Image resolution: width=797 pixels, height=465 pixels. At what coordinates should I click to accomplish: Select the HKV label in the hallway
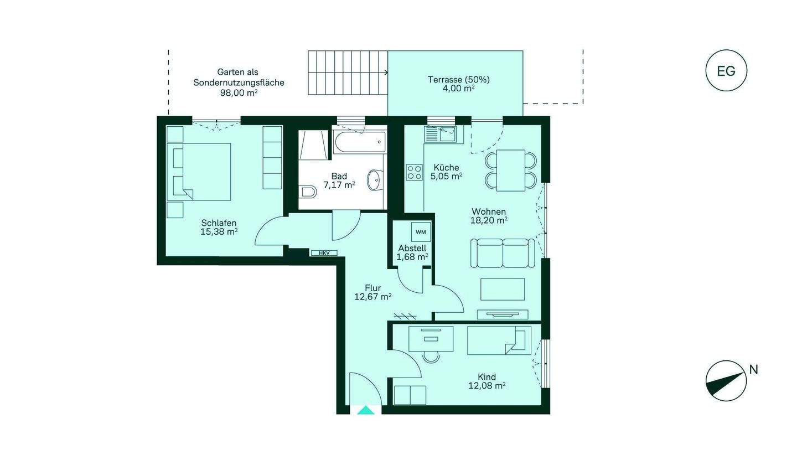324,253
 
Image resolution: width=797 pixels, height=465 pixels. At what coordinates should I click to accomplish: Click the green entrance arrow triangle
366,410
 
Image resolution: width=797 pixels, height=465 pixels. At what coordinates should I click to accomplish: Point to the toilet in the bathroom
308,193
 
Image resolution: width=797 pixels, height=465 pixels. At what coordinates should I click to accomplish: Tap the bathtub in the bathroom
359,142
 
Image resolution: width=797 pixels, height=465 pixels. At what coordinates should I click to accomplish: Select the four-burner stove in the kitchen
415,172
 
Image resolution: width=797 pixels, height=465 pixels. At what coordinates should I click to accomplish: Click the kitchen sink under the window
440,135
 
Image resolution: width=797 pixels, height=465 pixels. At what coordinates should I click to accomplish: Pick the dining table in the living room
511,170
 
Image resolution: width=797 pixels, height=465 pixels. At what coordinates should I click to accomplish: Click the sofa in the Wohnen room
503,253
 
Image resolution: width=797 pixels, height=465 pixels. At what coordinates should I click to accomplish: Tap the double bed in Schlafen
199,172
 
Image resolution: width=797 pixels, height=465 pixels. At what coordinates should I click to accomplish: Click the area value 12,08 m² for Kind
487,386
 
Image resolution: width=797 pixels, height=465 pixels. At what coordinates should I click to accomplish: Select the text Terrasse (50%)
458,80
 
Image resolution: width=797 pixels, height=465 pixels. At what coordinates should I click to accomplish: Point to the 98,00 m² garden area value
239,93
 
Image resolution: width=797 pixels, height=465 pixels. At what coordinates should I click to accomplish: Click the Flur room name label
373,288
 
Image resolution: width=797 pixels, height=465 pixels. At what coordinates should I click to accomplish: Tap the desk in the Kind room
431,338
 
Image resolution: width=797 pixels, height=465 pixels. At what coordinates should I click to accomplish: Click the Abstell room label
412,249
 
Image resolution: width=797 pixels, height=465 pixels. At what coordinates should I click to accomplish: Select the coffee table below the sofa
503,290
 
